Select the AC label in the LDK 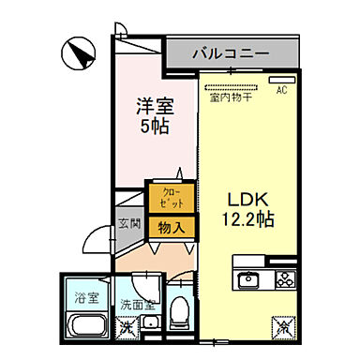(x=280, y=90)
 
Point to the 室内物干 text (x=230, y=96)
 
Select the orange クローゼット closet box (x=170, y=198)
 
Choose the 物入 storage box (x=170, y=227)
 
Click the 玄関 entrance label (x=129, y=224)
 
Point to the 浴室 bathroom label (x=85, y=300)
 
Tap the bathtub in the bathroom (x=87, y=327)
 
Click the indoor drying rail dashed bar (x=232, y=85)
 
